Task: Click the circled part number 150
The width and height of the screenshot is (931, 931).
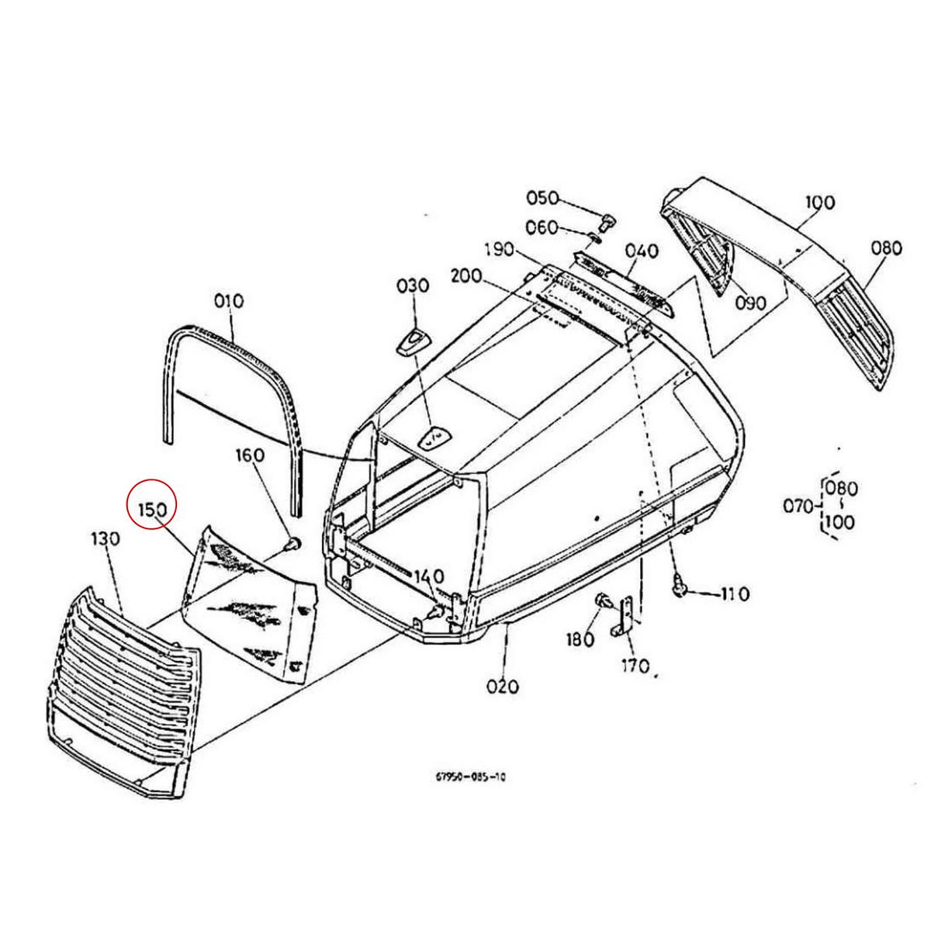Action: click(x=153, y=510)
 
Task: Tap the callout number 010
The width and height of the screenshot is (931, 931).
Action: click(x=229, y=302)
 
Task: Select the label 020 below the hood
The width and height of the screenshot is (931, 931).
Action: click(x=503, y=687)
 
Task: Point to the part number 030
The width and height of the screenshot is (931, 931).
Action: click(x=413, y=286)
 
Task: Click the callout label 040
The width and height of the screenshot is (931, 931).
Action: click(x=642, y=251)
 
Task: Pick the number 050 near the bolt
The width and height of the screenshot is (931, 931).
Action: click(x=542, y=199)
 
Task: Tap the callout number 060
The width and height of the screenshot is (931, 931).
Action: click(x=542, y=227)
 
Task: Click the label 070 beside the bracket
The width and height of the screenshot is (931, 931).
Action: click(x=798, y=507)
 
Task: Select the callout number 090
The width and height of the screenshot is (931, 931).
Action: click(x=751, y=303)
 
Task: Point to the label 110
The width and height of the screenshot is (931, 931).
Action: click(x=735, y=594)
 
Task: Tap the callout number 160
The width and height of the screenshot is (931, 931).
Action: click(x=251, y=455)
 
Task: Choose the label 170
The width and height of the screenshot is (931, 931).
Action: click(x=635, y=666)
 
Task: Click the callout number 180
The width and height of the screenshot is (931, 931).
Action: click(x=580, y=640)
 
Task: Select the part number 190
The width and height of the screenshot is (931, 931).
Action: click(x=500, y=250)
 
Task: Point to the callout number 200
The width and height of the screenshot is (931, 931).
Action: click(x=466, y=276)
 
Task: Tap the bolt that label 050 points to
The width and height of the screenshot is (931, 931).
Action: click(x=606, y=222)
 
